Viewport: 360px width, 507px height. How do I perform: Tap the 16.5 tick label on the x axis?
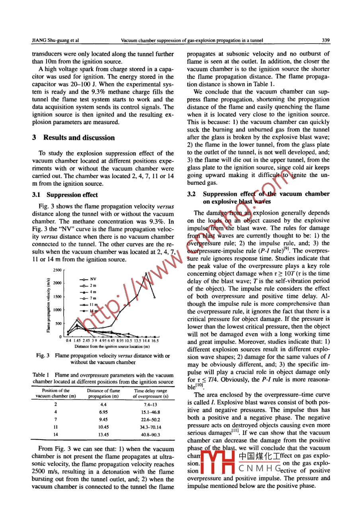(x=155, y=341)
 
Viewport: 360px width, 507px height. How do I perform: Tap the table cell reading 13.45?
(x=104, y=435)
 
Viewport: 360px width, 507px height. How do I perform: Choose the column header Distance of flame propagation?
(x=104, y=394)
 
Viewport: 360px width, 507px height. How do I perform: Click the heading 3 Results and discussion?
(x=73, y=138)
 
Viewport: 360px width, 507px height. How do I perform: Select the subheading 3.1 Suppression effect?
(x=64, y=195)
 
